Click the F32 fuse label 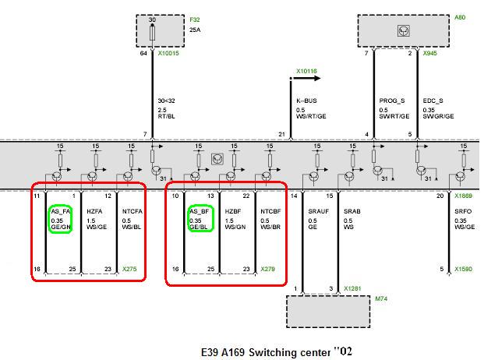pos(195,19)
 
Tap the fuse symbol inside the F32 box pos(152,33)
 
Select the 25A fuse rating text pos(195,30)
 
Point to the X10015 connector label pos(168,53)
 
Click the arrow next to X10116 pos(307,78)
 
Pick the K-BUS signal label pos(306,101)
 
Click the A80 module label pos(460,17)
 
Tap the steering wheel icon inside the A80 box pos(404,31)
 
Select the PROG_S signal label pos(392,101)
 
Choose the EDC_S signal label pos(433,101)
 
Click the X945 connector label pos(430,53)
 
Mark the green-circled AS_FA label pos(61,211)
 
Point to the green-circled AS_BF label pos(199,211)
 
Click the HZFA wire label pos(94,211)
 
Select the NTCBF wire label pos(270,211)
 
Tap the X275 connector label pos(129,269)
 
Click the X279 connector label pos(267,269)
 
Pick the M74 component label pos(381,298)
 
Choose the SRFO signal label pos(463,211)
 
